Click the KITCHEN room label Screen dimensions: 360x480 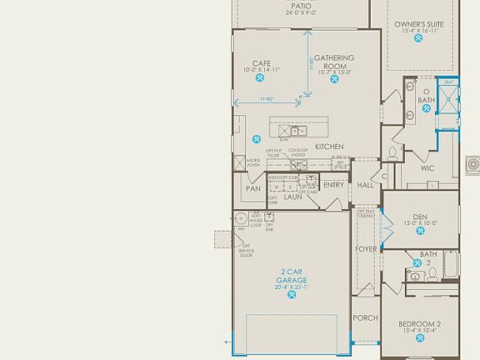pyautogui.click(x=329, y=147)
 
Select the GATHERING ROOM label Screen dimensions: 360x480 pyautogui.click(x=334, y=62)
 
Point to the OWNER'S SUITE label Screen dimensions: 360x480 pyautogui.click(x=419, y=25)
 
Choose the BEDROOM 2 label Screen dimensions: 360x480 pyautogui.click(x=420, y=323)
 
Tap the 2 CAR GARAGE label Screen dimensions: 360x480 pyautogui.click(x=292, y=276)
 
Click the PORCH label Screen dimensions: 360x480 pyautogui.click(x=365, y=318)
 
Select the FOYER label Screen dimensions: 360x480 pyautogui.click(x=366, y=248)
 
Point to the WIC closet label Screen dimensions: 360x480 pyautogui.click(x=427, y=168)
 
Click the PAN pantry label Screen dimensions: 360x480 pyautogui.click(x=253, y=189)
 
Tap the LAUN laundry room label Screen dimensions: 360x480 pyautogui.click(x=292, y=197)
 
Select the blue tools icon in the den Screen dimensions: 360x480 pyautogui.click(x=419, y=234)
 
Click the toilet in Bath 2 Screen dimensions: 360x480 pyautogui.click(x=414, y=273)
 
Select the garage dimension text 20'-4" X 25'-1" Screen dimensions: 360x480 pyautogui.click(x=292, y=287)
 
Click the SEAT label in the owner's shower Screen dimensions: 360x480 pyautogui.click(x=448, y=82)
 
